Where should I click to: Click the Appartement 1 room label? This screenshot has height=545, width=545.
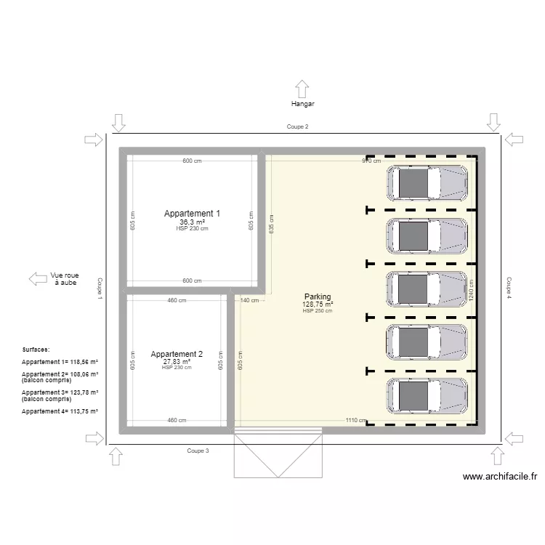[x=192, y=214]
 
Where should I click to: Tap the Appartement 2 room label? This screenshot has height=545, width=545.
[x=177, y=354]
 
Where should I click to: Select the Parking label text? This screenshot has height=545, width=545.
[x=318, y=296]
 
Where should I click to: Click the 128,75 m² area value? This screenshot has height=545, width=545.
[x=318, y=304]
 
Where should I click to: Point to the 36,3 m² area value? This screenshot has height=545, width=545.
[x=192, y=222]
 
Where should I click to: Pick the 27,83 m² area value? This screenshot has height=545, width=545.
[x=177, y=361]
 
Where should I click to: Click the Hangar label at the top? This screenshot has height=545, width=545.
[x=302, y=104]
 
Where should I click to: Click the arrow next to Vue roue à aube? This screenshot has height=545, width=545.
[x=37, y=278]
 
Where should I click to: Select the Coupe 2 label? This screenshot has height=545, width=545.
[x=297, y=126]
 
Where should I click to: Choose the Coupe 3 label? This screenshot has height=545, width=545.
[x=198, y=451]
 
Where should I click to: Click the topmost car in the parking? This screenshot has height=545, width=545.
[x=427, y=182]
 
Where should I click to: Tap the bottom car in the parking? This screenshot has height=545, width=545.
[x=427, y=395]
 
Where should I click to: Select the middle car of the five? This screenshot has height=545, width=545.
[x=427, y=288]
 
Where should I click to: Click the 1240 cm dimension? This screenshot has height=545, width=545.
[x=471, y=290]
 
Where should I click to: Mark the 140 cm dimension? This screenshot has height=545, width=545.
[x=249, y=300]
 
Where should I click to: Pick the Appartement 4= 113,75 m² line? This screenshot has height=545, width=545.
[x=60, y=411]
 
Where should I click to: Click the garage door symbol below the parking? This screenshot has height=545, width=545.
[x=277, y=456]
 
